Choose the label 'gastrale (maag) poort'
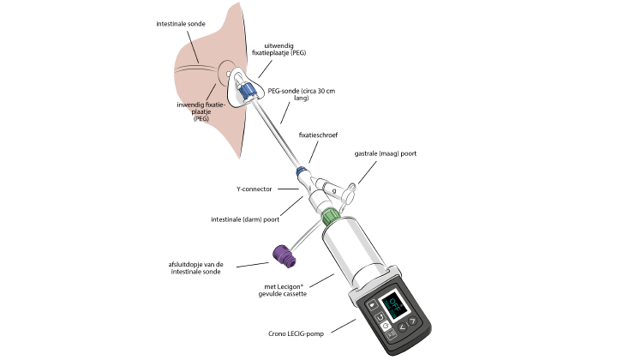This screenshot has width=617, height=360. [x=386, y=155]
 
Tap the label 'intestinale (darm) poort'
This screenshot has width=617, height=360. [x=245, y=219]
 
